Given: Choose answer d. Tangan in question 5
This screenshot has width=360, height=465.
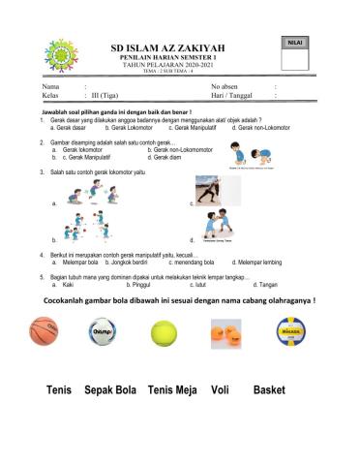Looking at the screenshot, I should click(264, 285).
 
